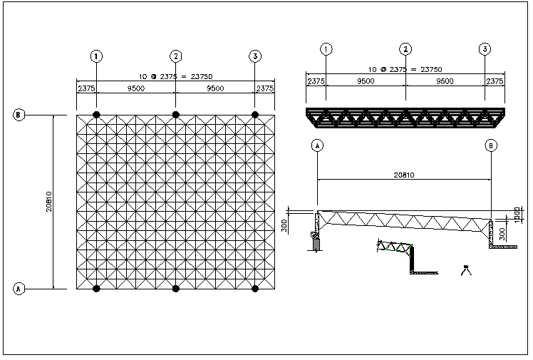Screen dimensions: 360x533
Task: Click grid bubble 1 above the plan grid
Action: click(x=97, y=56)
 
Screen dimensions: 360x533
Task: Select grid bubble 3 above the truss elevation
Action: click(x=485, y=49)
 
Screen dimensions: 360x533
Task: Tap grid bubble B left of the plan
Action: click(x=20, y=114)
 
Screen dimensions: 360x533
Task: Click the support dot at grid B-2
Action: click(x=176, y=114)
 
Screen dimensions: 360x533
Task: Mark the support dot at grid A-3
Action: click(x=255, y=288)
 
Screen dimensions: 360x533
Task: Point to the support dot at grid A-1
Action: click(x=97, y=288)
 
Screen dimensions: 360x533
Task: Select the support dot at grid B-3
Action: click(x=255, y=114)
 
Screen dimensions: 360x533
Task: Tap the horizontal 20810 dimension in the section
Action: click(x=404, y=173)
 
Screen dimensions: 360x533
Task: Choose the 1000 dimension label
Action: click(x=517, y=214)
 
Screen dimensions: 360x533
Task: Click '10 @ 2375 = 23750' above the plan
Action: click(x=176, y=76)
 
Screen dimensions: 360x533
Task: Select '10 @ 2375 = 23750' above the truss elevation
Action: click(x=405, y=69)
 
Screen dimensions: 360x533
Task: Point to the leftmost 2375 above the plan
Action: click(x=87, y=88)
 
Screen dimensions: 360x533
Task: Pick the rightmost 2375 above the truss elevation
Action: click(x=495, y=81)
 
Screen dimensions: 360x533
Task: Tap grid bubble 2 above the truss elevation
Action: click(x=405, y=49)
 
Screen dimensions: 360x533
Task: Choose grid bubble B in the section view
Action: click(x=491, y=145)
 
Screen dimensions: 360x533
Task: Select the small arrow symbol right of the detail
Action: click(x=467, y=269)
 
